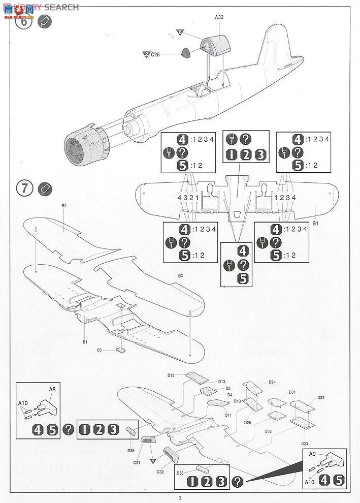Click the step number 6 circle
(x=24, y=22)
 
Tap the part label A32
(x=219, y=17)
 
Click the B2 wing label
(x=64, y=206)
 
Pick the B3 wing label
(x=180, y=276)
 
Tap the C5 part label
(x=100, y=350)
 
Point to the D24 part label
(x=272, y=382)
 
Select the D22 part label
(x=321, y=397)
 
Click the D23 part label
(x=305, y=444)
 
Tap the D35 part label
(x=131, y=450)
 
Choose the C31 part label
(x=137, y=462)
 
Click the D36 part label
(x=180, y=474)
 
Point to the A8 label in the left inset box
(x=52, y=390)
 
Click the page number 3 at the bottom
(x=180, y=498)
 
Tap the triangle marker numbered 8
(x=180, y=32)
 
